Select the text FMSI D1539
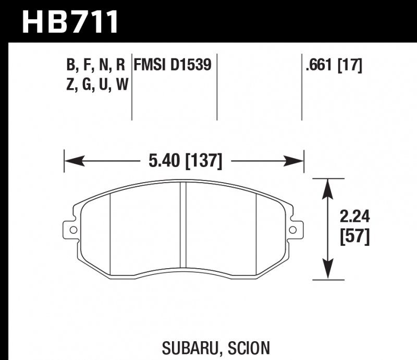coord(173,65)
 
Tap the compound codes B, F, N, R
coord(95,65)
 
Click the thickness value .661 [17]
coord(334,65)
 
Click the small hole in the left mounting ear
coord(72,230)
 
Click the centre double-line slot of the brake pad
coord(183,230)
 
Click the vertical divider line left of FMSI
coord(131,86)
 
